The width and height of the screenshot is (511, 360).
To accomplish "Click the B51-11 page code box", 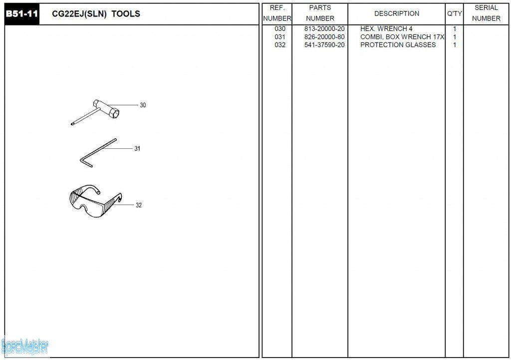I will (22, 14).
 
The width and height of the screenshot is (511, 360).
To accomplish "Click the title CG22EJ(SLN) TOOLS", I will (96, 14).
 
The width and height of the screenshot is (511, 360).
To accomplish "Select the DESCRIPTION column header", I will (397, 13).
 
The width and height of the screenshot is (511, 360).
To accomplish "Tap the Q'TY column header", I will (454, 13).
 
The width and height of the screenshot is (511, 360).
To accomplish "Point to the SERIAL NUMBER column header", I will (486, 13).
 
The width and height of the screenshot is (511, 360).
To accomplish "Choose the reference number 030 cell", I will (280, 29).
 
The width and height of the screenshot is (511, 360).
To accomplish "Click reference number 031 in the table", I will (280, 37).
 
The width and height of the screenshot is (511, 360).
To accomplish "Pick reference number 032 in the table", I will (280, 45).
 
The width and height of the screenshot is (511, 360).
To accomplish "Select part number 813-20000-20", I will (324, 29).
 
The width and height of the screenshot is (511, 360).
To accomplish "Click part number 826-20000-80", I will (324, 37).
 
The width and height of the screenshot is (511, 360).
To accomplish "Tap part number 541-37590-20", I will (324, 45).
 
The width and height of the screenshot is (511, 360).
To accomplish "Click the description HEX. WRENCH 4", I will (386, 29).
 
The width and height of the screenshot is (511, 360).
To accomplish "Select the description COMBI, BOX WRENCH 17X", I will (402, 37).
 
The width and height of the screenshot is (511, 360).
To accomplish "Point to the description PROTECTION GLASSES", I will (398, 45).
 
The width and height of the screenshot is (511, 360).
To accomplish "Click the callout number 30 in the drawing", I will (143, 105).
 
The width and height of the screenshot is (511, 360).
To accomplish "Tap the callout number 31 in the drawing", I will (137, 149).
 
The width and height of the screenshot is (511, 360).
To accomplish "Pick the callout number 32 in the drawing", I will (139, 205).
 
